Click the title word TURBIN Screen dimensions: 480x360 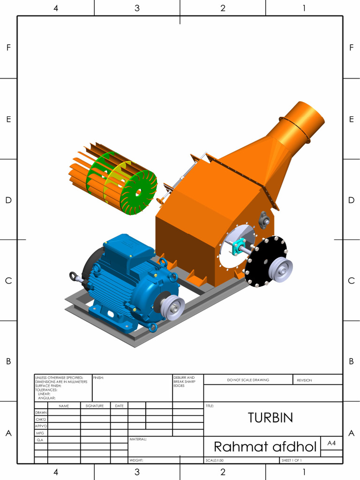pyautogui.click(x=270, y=418)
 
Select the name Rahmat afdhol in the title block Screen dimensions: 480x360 pyautogui.click(x=265, y=446)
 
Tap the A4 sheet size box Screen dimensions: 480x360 pyautogui.click(x=331, y=443)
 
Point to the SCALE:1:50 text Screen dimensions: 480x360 pyautogui.click(x=215, y=460)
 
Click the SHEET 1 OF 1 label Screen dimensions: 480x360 pyautogui.click(x=292, y=460)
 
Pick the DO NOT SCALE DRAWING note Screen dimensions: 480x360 pyautogui.click(x=248, y=380)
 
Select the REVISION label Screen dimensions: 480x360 pyautogui.click(x=304, y=380)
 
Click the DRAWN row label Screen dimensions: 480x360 pyautogui.click(x=41, y=412)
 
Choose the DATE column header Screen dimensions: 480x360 pyautogui.click(x=119, y=405)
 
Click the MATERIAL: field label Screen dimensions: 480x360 pyautogui.click(x=138, y=439)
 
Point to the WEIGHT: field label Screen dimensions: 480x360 pyautogui.click(x=136, y=460)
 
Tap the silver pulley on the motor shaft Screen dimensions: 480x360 pyautogui.click(x=172, y=307)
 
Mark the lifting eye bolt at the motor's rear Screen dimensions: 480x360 pyautogui.click(x=74, y=277)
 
